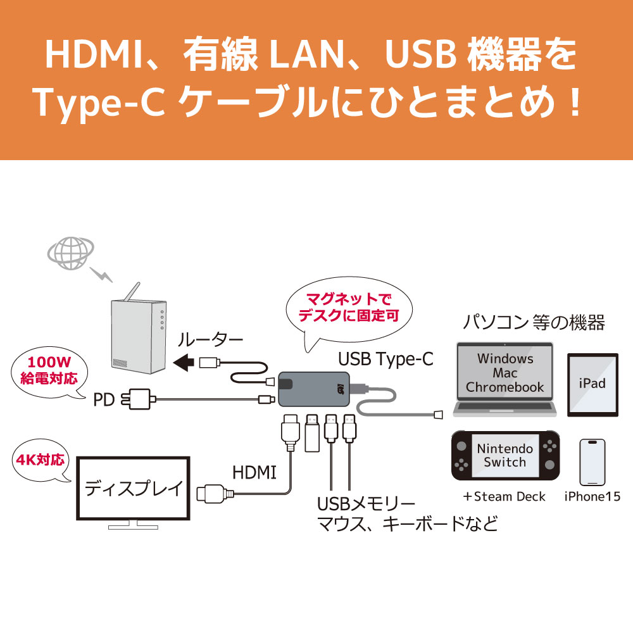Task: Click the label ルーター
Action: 210,340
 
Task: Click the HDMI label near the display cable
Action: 254,472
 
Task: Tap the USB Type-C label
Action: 385,360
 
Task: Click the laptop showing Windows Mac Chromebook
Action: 505,373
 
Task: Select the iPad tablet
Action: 592,384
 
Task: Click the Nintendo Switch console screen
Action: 505,455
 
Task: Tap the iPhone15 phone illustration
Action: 592,462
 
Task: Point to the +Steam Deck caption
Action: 504,496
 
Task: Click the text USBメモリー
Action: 366,505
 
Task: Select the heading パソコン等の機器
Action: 533,323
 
